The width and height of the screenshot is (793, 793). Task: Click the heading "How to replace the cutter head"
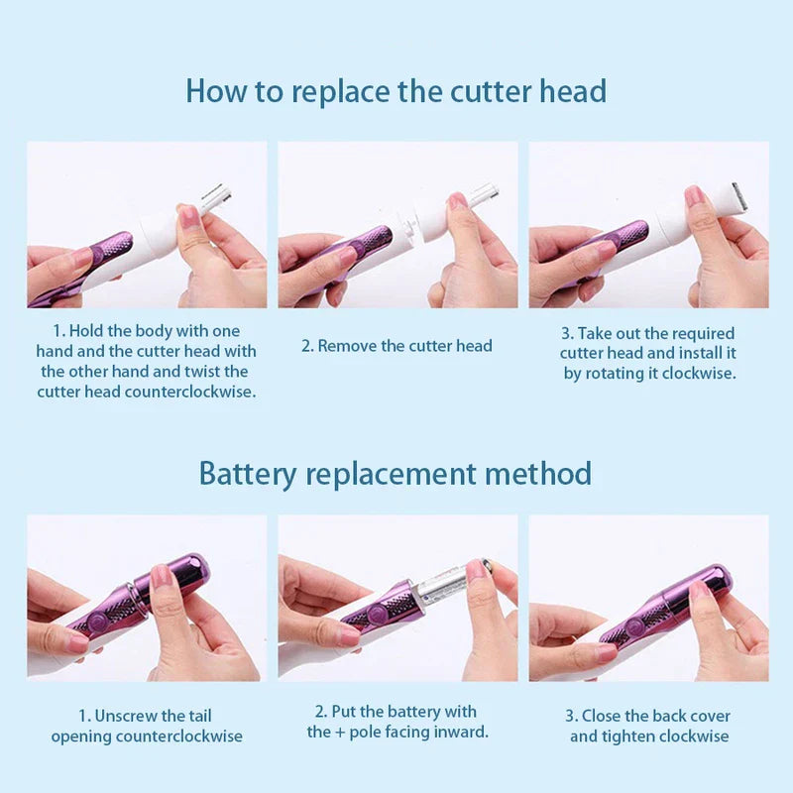(396, 91)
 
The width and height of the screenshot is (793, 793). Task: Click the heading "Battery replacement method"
(396, 473)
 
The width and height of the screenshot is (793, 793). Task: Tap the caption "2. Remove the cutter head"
(396, 346)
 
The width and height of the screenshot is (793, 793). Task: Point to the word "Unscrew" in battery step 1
(128, 716)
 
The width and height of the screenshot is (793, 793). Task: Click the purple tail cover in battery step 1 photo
(178, 575)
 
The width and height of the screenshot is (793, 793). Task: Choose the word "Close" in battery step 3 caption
(603, 716)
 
